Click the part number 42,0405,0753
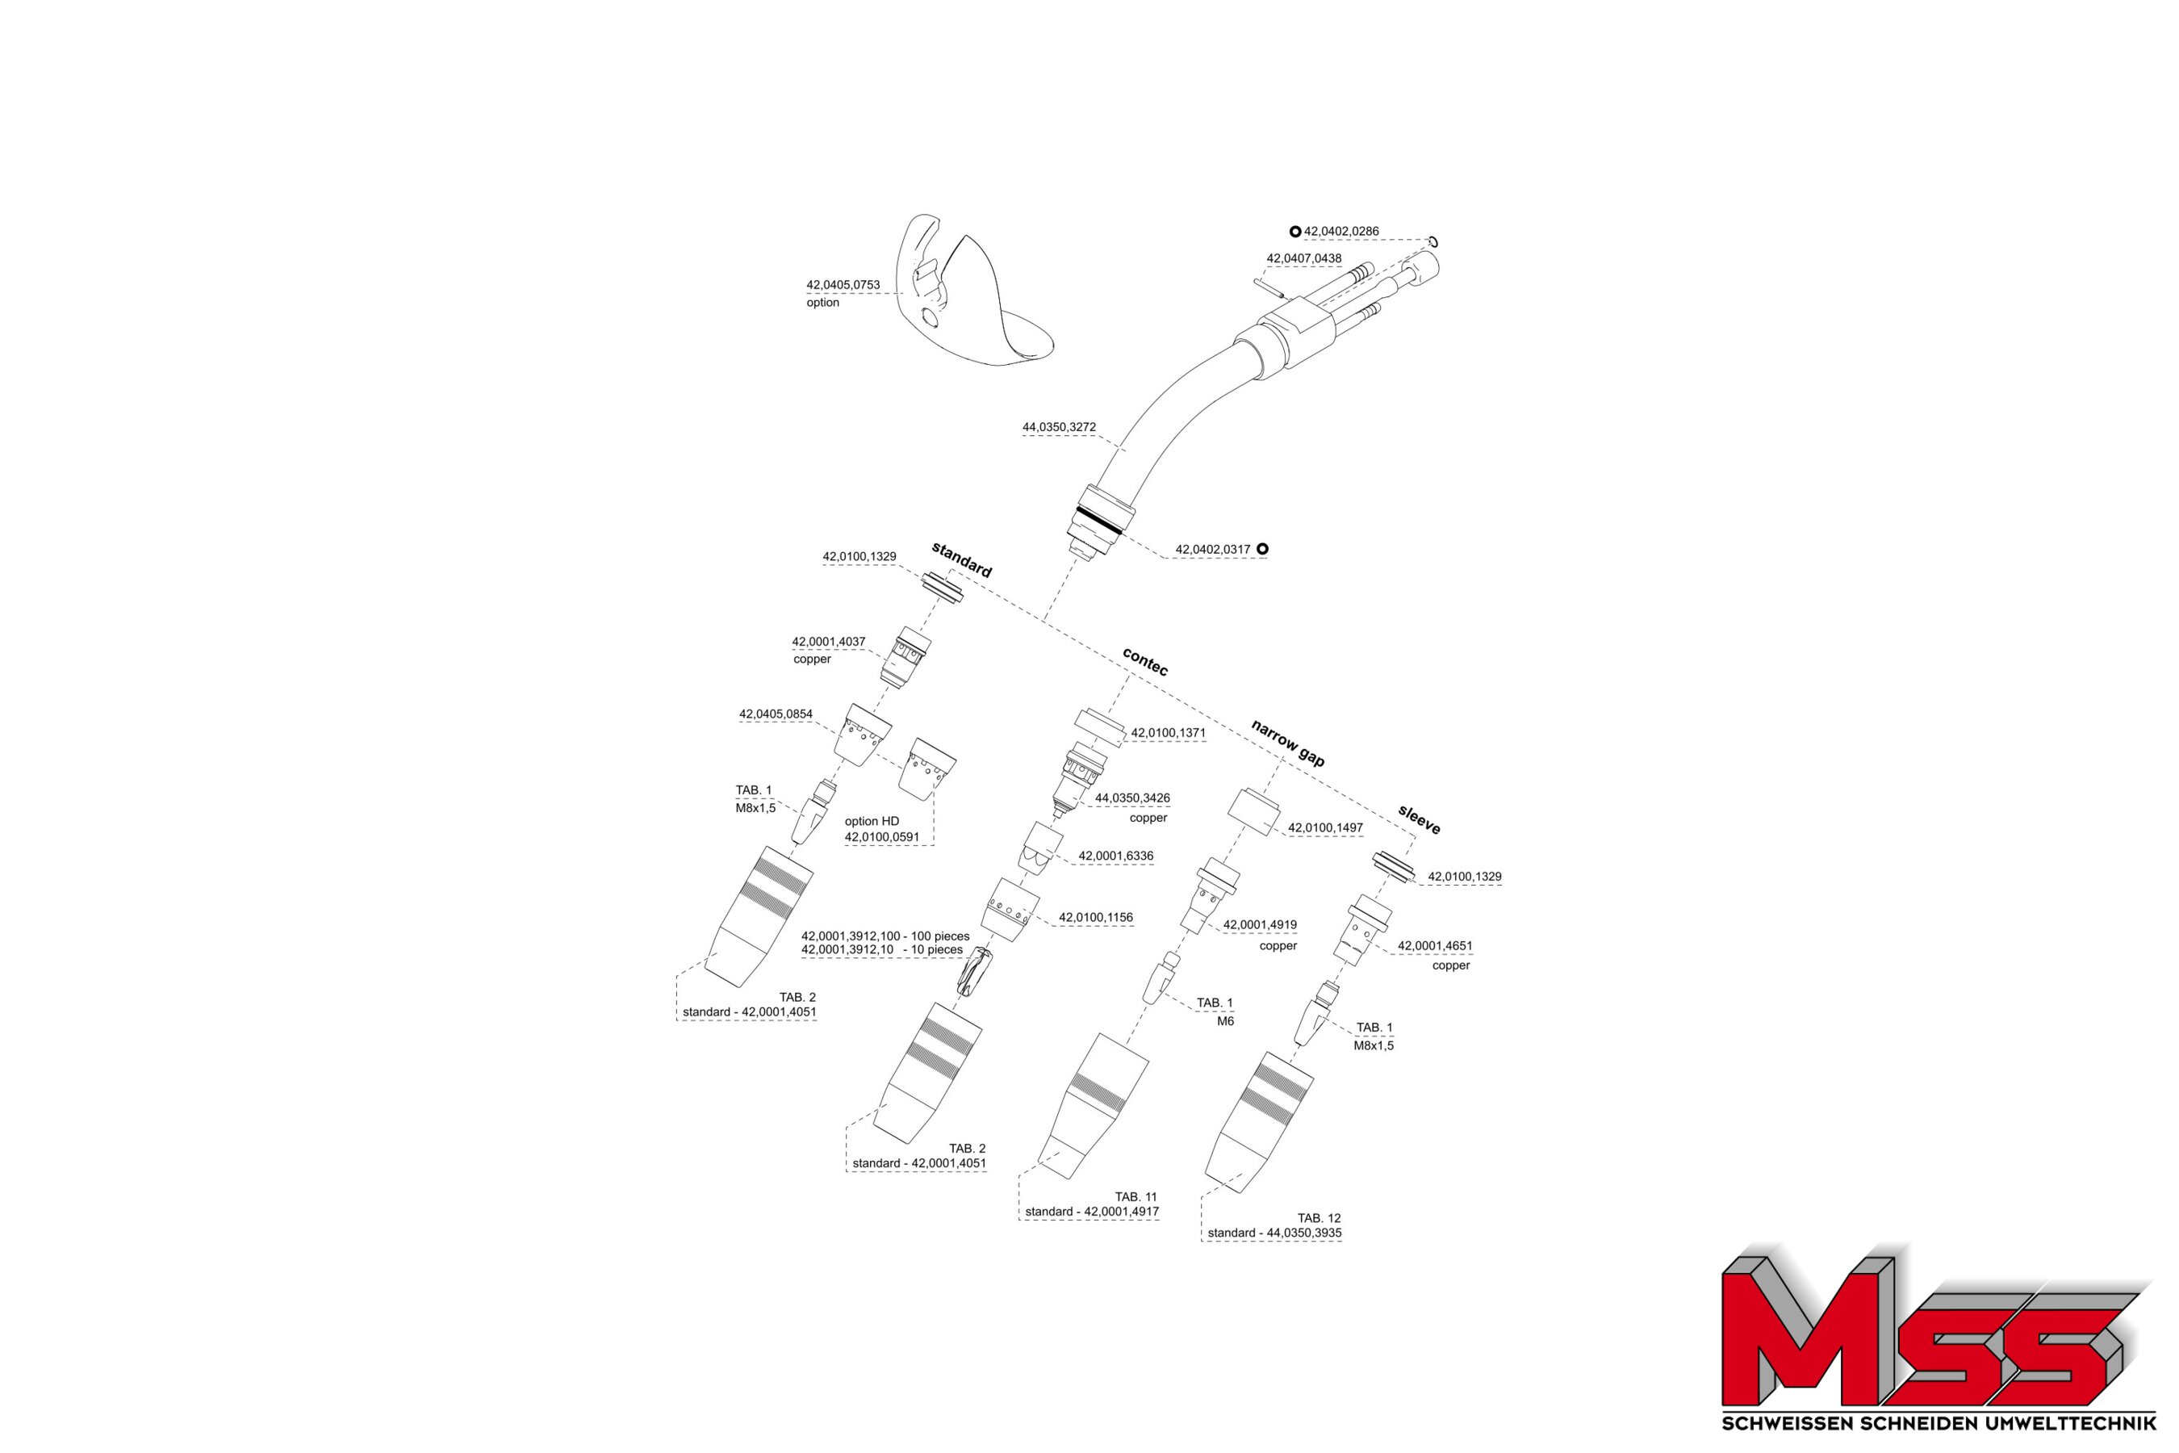[x=843, y=286]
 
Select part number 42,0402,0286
[x=1341, y=232]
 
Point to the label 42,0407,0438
[x=1303, y=258]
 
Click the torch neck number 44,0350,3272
[x=1059, y=427]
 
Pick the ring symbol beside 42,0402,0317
[x=1262, y=549]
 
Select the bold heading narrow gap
[x=1288, y=743]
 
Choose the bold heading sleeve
[x=1420, y=820]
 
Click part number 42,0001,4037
[x=828, y=641]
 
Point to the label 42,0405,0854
[x=776, y=714]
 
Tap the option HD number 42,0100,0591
[x=882, y=837]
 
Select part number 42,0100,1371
[x=1169, y=733]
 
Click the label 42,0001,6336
[x=1115, y=856]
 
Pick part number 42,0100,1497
[x=1326, y=827]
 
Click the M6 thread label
[x=1226, y=1021]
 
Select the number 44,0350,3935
[x=1303, y=1233]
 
